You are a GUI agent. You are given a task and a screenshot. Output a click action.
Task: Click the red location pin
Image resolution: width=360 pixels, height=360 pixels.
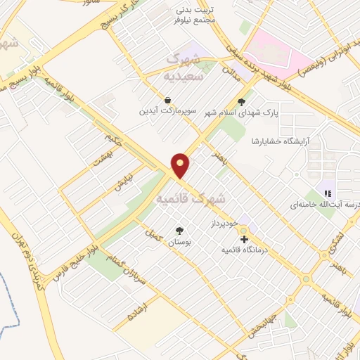click(x=181, y=165)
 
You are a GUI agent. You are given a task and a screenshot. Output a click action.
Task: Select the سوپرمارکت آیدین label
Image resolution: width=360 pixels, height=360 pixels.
click(x=167, y=111)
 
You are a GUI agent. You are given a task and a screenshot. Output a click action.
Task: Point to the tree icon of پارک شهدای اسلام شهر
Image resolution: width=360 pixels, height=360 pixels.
click(x=243, y=101)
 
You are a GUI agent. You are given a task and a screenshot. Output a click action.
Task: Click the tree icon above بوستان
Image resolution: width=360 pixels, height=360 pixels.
click(x=179, y=230)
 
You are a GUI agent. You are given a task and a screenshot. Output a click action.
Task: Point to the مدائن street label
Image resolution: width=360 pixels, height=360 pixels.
click(x=232, y=71)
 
